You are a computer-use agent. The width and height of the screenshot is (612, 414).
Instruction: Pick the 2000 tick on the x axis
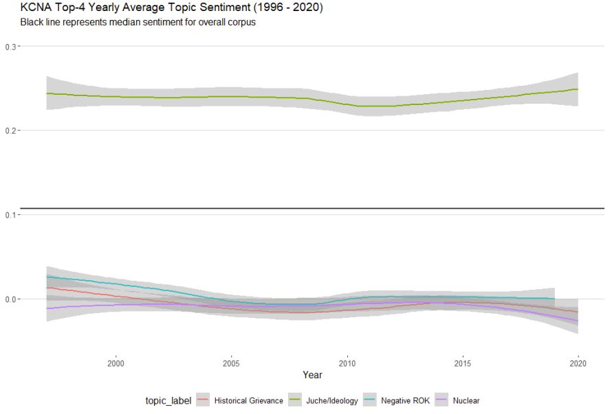click(x=116, y=363)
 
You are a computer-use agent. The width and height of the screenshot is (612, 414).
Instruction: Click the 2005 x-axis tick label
click(x=231, y=363)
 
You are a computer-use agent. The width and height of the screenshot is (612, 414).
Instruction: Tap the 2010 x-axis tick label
click(x=347, y=363)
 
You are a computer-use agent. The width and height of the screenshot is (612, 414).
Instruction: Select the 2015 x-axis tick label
click(x=463, y=363)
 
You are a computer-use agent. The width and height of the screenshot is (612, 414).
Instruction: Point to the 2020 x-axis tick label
click(x=579, y=363)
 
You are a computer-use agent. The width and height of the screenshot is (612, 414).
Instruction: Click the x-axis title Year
click(x=312, y=376)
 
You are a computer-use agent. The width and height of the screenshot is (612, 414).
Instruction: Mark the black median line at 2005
click(x=231, y=207)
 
